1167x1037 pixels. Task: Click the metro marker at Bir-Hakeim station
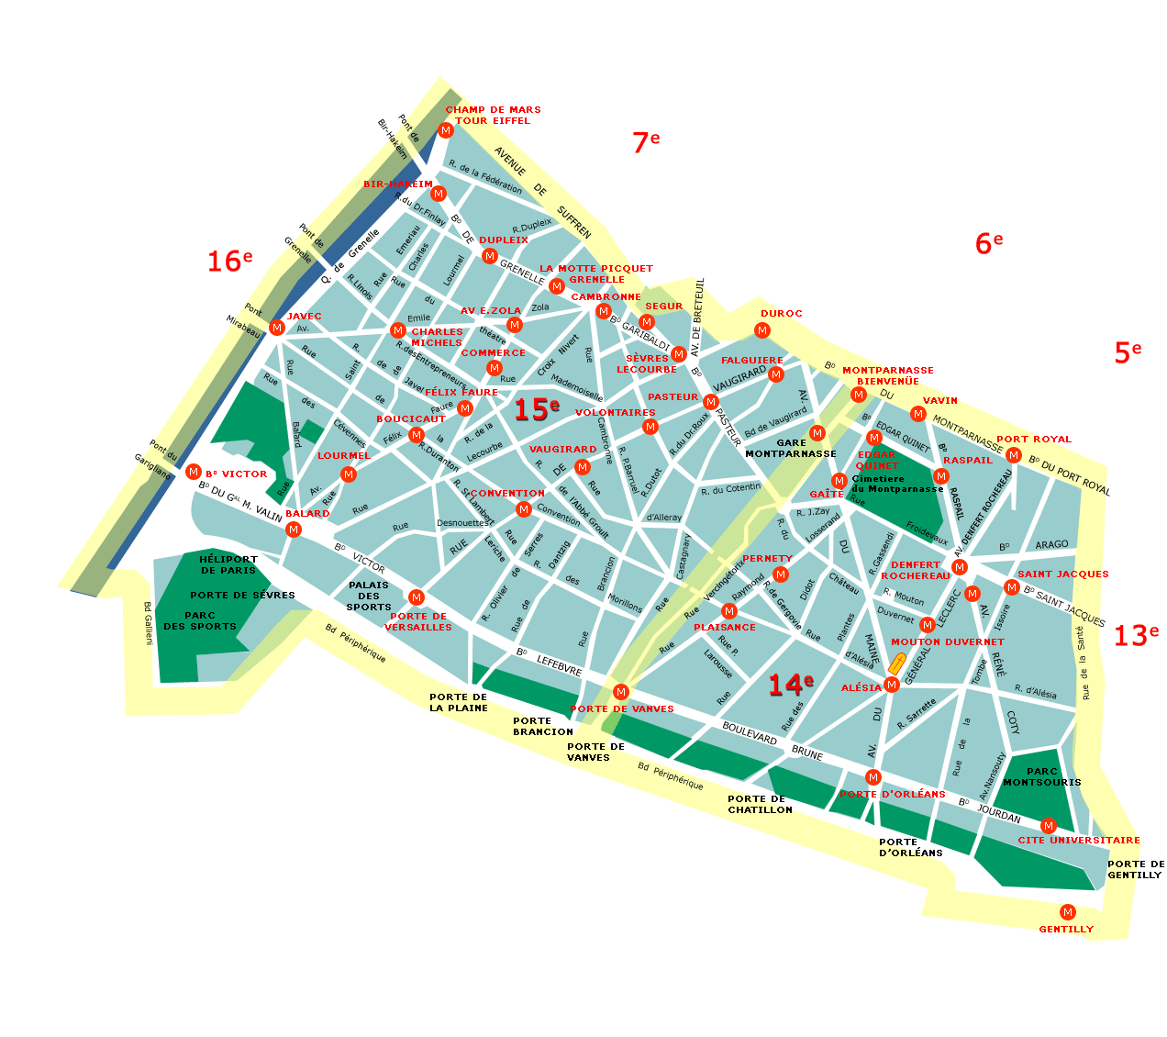(439, 194)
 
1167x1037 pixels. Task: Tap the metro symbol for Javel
(277, 328)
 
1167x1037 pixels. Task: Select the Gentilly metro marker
(1067, 912)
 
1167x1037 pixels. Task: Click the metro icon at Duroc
(761, 330)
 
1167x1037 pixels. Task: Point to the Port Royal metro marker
(1014, 455)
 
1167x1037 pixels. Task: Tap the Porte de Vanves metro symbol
(621, 692)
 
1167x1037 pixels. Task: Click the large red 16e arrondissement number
(228, 262)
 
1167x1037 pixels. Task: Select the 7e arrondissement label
(645, 142)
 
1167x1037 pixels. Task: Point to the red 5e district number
(1128, 352)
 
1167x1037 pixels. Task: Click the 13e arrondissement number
(1136, 635)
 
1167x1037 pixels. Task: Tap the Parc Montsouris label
(1042, 777)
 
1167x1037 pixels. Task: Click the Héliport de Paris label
(228, 564)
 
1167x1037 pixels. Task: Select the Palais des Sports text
(369, 596)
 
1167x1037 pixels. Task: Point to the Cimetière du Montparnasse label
(897, 484)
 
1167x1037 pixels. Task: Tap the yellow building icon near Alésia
(897, 663)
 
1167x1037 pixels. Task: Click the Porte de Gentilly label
(1135, 869)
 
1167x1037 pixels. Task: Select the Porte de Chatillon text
(760, 804)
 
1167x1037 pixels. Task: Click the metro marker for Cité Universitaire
(1049, 826)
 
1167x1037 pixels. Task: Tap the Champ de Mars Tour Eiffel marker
(446, 130)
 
